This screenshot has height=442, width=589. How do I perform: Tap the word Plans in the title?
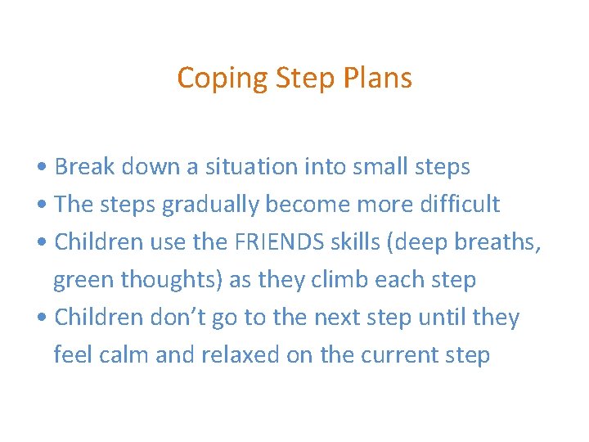(378, 79)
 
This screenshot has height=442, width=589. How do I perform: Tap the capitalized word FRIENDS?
(272, 242)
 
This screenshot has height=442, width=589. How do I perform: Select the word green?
(84, 280)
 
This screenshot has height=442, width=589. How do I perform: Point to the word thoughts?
(172, 280)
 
